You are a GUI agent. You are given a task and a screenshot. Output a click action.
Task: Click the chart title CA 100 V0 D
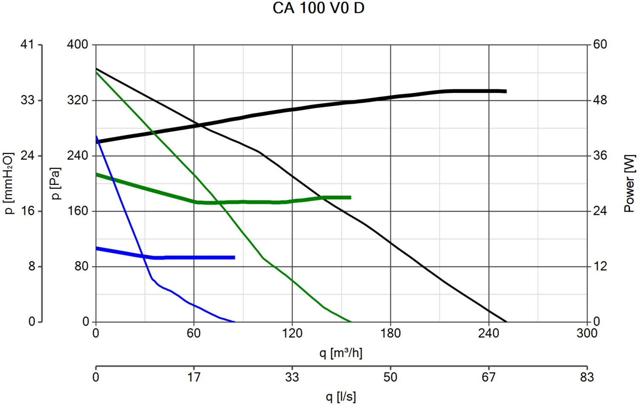pos(318,8)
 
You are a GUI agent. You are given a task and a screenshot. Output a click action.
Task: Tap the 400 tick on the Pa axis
pos(78,44)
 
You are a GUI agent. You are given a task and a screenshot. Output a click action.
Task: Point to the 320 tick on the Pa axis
pos(78,100)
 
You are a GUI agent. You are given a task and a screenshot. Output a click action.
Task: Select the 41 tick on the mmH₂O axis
pos(27,44)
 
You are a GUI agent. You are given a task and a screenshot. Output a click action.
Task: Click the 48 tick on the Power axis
pos(600,100)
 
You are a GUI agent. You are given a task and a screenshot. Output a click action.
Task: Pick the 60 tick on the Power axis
pos(600,44)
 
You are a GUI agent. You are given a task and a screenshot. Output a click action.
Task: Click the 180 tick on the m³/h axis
pos(390,333)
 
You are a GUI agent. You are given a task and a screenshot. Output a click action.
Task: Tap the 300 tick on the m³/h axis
pos(587,333)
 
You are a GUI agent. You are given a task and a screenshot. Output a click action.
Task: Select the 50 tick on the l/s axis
pos(390,377)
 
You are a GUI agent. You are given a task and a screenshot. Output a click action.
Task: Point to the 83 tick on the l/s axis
pos(587,377)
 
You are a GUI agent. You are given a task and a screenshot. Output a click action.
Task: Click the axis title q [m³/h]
pos(341,353)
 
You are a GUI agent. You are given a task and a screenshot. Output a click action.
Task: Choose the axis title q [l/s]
pos(341,397)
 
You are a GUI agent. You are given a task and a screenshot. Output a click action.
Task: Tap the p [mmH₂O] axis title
pos(9,183)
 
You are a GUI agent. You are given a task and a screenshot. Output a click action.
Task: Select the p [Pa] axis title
pos(56,183)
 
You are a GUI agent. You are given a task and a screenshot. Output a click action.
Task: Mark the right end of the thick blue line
pos(234,257)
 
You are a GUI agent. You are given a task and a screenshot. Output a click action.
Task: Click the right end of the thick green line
pos(351,197)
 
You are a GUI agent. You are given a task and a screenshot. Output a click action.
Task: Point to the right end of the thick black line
pos(506,91)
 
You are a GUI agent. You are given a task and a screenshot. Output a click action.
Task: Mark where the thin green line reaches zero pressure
pos(351,322)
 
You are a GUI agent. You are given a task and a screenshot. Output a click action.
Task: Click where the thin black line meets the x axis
pos(507,322)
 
